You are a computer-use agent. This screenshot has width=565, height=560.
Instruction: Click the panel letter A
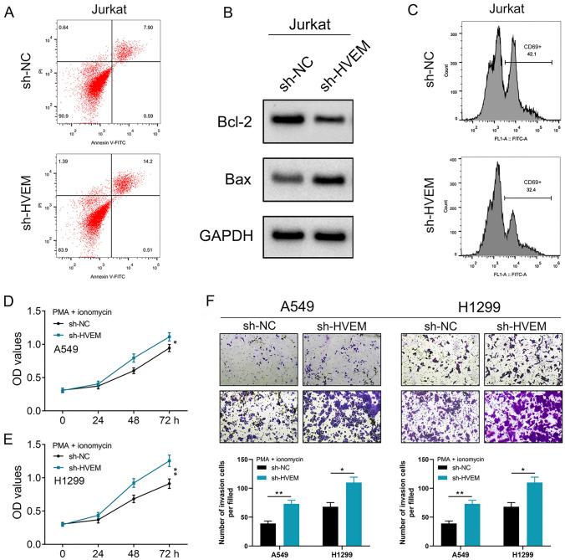pos(8,11)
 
